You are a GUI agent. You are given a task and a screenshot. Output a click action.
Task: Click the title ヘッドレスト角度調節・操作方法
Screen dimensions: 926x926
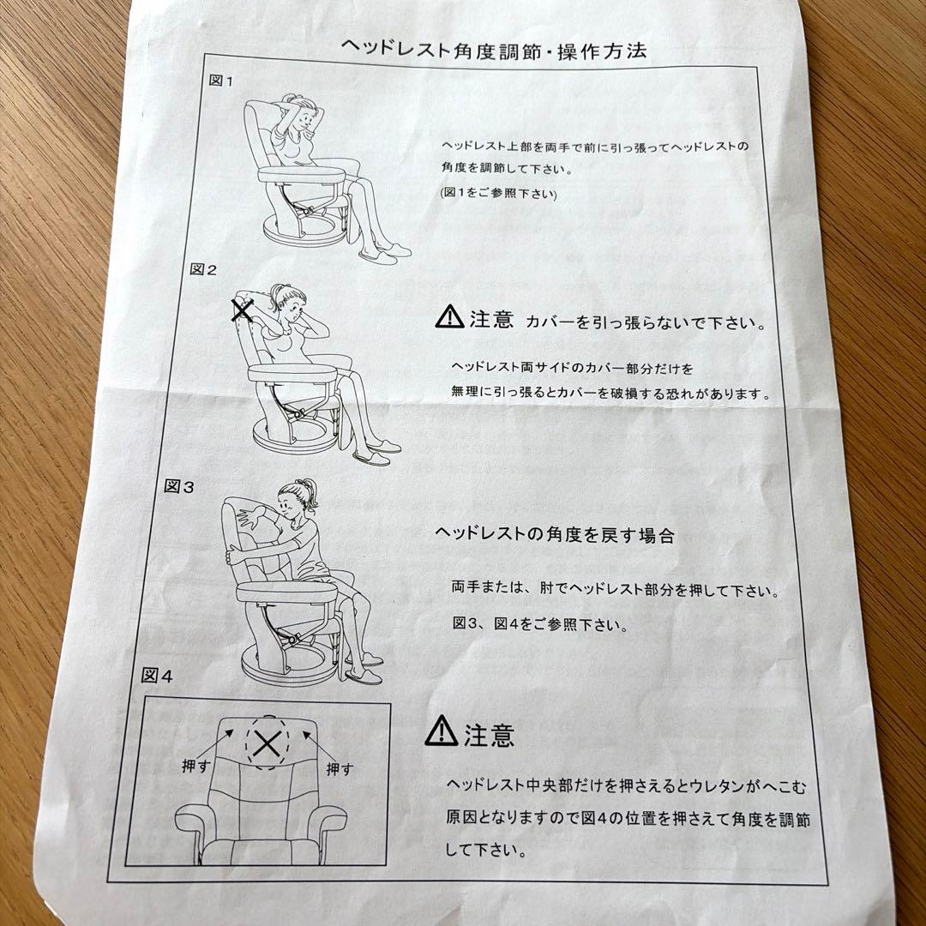tap(494, 50)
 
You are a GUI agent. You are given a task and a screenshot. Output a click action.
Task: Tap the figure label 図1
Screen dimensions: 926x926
tap(221, 81)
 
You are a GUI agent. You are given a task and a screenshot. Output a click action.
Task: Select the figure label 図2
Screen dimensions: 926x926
tap(203, 269)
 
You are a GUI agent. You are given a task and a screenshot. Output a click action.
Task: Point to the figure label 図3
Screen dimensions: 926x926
tap(179, 487)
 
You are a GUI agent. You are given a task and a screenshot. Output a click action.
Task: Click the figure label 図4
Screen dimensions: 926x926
tap(157, 676)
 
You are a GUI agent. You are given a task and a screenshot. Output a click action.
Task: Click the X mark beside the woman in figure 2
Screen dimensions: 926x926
tap(242, 310)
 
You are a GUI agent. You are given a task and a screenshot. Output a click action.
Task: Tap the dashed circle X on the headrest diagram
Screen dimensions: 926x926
tap(267, 743)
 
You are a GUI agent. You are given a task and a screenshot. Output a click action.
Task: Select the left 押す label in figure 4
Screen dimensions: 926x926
tap(196, 766)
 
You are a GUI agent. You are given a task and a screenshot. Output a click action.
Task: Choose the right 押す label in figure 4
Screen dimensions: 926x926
tap(340, 768)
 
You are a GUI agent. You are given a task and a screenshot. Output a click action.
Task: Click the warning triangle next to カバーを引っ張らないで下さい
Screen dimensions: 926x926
tap(449, 316)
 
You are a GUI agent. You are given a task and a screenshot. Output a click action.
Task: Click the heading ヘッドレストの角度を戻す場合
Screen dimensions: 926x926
tap(554, 534)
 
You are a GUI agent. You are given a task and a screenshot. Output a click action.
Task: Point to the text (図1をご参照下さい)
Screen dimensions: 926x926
tap(498, 193)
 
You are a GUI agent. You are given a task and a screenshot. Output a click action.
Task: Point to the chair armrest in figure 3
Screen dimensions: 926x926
tap(287, 592)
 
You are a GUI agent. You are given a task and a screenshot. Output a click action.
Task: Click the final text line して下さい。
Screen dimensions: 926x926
tap(484, 850)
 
